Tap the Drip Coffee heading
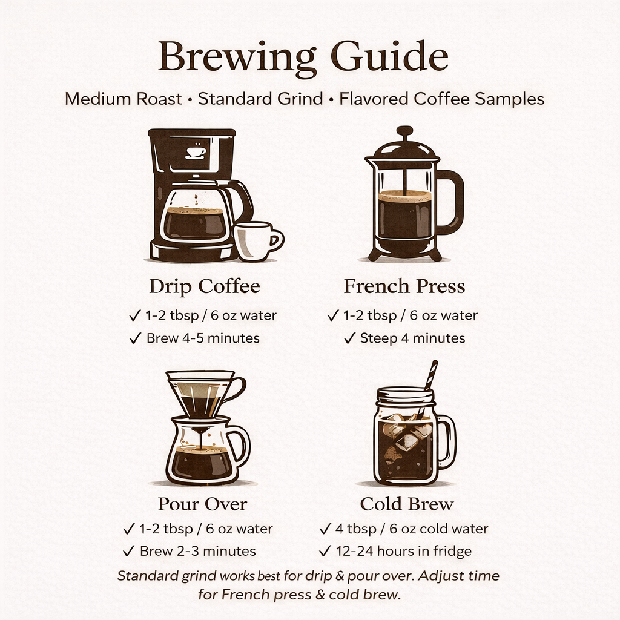coord(204,286)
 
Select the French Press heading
coord(404,286)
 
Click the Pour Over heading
coord(202,504)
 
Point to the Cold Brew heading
coord(406,504)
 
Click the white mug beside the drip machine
coord(256,241)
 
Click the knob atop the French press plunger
coord(404,131)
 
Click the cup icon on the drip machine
coord(195,151)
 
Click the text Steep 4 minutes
coord(412,338)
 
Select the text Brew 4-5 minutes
coord(203,338)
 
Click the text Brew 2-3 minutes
coord(197,551)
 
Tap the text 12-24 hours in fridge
coord(403,551)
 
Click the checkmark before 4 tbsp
coord(325,529)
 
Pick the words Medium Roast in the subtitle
coord(124,99)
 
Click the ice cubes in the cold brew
coord(407,431)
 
